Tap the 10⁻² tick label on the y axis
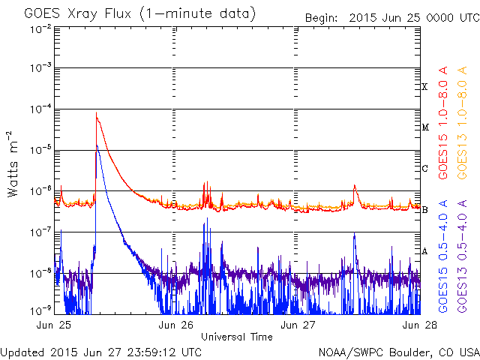pyautogui.click(x=40, y=29)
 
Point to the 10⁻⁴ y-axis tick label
pyautogui.click(x=40, y=110)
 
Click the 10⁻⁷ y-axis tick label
pyautogui.click(x=40, y=232)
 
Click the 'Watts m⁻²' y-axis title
pyautogui.click(x=14, y=163)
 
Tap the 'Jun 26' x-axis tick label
pyautogui.click(x=177, y=325)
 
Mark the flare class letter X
pyautogui.click(x=424, y=87)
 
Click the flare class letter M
pyautogui.click(x=424, y=127)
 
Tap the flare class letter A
pyautogui.click(x=424, y=251)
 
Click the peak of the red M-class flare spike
pyautogui.click(x=96, y=113)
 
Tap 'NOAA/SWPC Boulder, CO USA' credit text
pyautogui.click(x=397, y=351)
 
